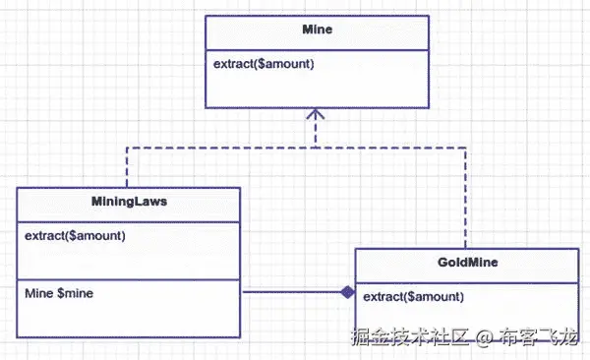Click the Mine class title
click(318, 30)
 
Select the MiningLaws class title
click(128, 204)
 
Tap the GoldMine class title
click(466, 264)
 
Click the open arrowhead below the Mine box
click(315, 115)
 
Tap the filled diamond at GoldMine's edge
click(346, 292)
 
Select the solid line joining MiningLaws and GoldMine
click(290, 292)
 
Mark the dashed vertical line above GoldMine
click(466, 197)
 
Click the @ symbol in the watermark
click(484, 337)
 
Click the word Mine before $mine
click(38, 293)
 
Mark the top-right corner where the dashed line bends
click(466, 147)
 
